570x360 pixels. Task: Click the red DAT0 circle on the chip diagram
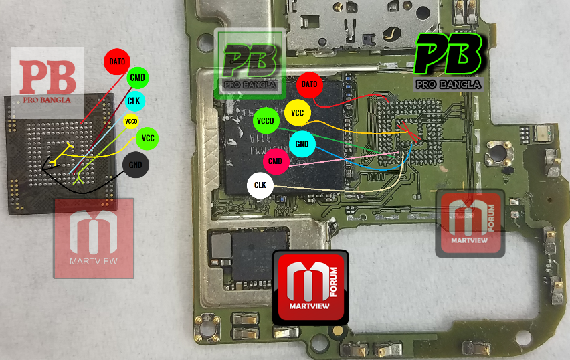(116, 62)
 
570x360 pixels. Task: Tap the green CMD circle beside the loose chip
(138, 78)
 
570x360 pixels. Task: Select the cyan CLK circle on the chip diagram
(134, 100)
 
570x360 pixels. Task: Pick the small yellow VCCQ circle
(131, 121)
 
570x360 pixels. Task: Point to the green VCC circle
(147, 139)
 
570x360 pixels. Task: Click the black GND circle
(136, 164)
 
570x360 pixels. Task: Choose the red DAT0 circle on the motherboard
(309, 84)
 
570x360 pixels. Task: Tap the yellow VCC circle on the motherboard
(297, 113)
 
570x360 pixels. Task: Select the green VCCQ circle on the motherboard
(266, 122)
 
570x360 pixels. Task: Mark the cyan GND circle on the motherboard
(302, 144)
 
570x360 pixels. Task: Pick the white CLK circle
(260, 185)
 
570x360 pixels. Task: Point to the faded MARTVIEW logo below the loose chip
(94, 238)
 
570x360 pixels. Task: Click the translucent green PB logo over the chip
(250, 62)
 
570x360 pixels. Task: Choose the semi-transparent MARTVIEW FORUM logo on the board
(469, 223)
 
